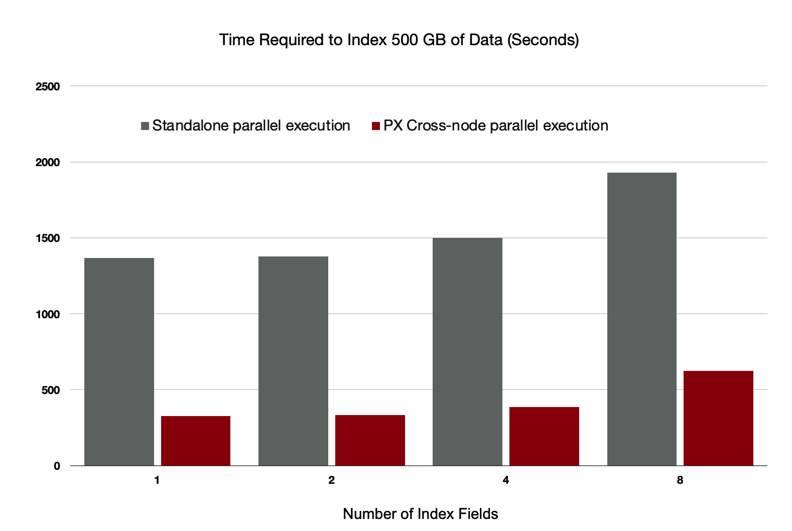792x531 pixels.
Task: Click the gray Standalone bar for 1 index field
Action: point(119,361)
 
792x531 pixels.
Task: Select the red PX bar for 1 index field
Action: point(195,441)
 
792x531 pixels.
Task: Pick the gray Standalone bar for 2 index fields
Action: point(293,361)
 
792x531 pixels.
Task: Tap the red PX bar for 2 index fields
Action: point(370,440)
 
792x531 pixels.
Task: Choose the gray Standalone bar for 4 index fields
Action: point(467,351)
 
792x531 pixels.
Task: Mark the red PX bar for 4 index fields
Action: point(544,436)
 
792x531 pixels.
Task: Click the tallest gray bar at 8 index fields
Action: point(641,319)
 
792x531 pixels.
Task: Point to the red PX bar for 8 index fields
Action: point(718,418)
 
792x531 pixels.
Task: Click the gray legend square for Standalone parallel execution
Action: point(145,126)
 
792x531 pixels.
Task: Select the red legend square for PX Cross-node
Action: point(376,126)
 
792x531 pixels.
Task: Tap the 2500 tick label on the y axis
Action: point(48,86)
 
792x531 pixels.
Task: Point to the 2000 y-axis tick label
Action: point(48,163)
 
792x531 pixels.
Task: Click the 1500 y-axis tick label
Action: point(48,238)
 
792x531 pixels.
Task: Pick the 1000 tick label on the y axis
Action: point(48,314)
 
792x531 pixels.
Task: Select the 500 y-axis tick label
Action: point(51,390)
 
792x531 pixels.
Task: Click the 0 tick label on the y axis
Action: point(57,466)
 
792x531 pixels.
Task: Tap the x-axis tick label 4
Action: point(505,480)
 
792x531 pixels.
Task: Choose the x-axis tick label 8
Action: point(680,480)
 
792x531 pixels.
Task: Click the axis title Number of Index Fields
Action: point(420,514)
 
